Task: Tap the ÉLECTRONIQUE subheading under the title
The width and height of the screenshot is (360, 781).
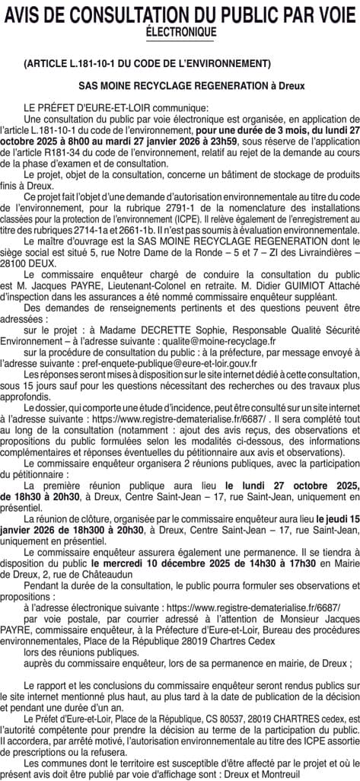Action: click(x=180, y=32)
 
